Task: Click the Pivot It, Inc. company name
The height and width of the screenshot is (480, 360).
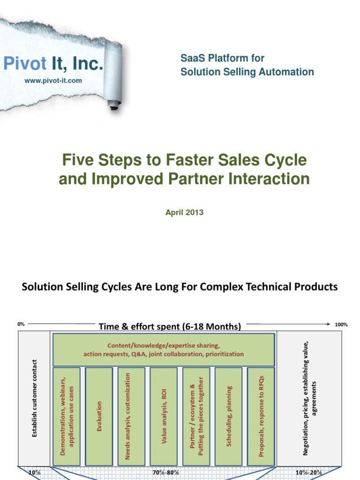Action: pyautogui.click(x=53, y=64)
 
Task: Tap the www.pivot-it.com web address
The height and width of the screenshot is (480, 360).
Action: pyautogui.click(x=53, y=81)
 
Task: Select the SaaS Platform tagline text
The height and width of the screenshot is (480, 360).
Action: pyautogui.click(x=247, y=65)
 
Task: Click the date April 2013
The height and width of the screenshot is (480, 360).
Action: pyautogui.click(x=184, y=212)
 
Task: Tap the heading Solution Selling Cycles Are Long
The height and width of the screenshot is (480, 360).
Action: pyautogui.click(x=180, y=286)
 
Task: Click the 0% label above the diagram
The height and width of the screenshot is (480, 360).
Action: pyautogui.click(x=21, y=324)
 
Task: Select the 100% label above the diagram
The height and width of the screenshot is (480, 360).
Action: pyautogui.click(x=341, y=324)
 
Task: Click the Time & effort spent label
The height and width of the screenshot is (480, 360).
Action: pyautogui.click(x=170, y=326)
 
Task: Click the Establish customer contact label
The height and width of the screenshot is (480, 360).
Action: pyautogui.click(x=34, y=398)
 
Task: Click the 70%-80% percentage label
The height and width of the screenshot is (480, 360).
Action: pyautogui.click(x=165, y=472)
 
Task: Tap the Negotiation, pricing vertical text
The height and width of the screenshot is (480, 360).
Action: pyautogui.click(x=310, y=398)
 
